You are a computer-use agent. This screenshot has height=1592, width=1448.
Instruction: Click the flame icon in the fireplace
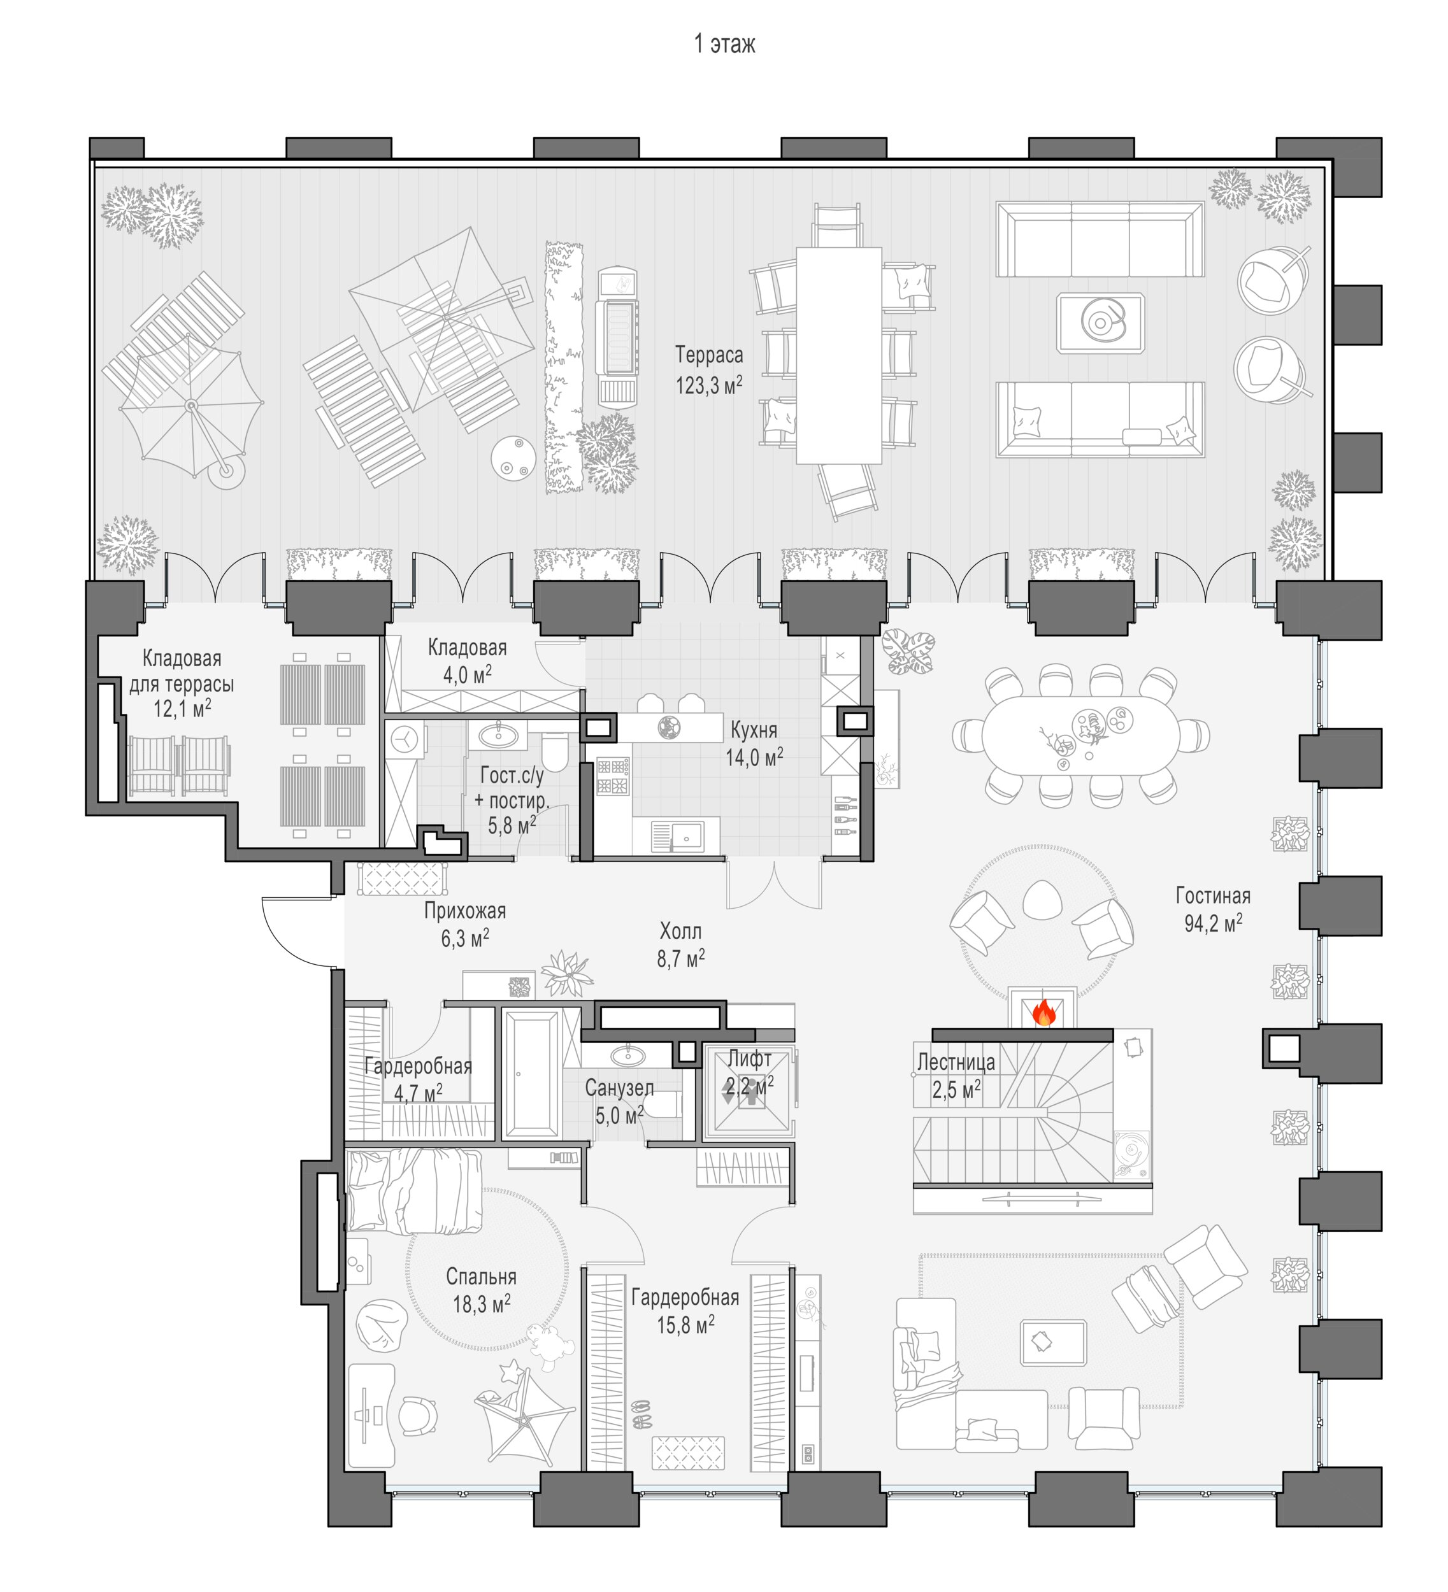[x=1043, y=1012]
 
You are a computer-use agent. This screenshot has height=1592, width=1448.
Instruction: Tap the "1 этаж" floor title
[x=724, y=44]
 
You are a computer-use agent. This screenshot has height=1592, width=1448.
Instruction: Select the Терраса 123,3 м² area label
[x=708, y=369]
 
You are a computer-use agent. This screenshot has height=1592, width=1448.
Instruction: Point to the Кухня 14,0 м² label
[x=754, y=743]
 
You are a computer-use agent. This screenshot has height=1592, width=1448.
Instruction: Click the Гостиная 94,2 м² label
[x=1212, y=909]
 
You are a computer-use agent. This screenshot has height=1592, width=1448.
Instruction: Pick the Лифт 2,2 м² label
[x=750, y=1072]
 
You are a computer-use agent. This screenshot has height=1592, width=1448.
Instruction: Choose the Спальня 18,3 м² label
[x=481, y=1290]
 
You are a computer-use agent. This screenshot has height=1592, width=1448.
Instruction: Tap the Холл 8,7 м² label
[x=680, y=944]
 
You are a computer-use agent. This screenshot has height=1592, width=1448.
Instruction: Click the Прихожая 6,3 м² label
[x=464, y=924]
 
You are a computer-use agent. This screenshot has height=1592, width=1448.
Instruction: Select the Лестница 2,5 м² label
[x=956, y=1076]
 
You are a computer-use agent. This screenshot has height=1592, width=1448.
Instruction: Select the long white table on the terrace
[x=838, y=355]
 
